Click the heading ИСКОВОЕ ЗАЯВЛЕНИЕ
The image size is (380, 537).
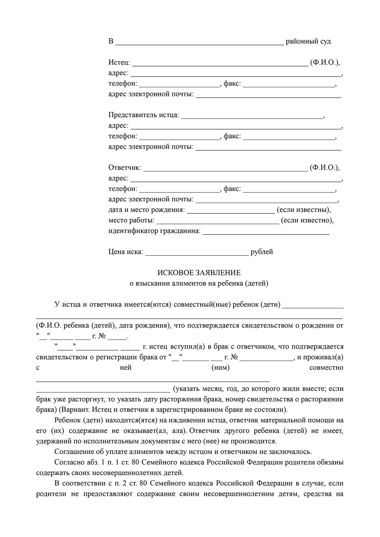tap(199, 273)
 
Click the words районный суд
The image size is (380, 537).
tap(308, 41)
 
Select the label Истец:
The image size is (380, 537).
tap(119, 62)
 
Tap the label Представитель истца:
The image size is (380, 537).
tap(144, 115)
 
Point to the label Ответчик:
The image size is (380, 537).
tap(125, 168)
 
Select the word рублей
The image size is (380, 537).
tap(261, 252)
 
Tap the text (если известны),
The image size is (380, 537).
tap(304, 210)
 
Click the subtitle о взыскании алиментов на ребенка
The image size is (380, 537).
tap(199, 284)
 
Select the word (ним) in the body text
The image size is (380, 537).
tap(220, 368)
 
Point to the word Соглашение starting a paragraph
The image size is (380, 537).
tap(73, 452)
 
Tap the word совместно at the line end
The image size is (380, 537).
tap(326, 368)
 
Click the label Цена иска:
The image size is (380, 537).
tap(126, 252)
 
